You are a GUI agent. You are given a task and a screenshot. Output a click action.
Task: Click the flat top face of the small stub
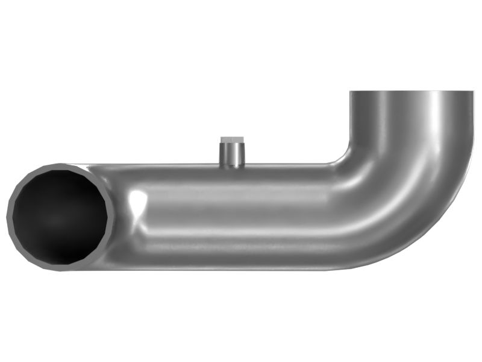231,141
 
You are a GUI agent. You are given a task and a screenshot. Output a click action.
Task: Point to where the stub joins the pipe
231,165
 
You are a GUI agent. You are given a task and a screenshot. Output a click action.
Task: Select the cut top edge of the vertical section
412,91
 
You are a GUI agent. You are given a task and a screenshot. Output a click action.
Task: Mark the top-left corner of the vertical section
351,92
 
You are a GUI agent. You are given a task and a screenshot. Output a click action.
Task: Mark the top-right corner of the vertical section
474,92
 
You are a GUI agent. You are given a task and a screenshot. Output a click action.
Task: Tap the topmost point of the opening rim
60,163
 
